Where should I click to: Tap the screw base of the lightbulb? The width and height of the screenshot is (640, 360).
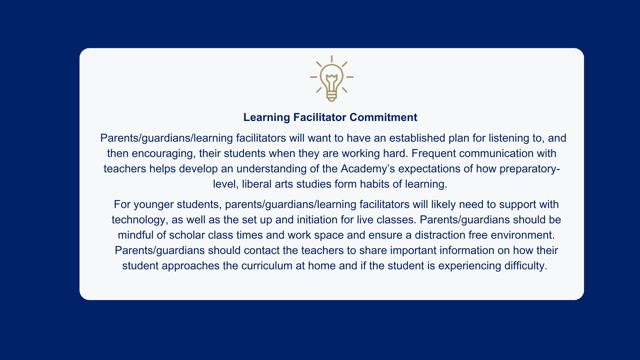[x=332, y=96]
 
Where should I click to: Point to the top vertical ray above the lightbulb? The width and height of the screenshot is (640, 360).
[x=332, y=59]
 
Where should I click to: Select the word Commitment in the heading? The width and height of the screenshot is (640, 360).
[x=383, y=117]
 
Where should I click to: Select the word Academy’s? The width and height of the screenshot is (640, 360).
[x=368, y=169]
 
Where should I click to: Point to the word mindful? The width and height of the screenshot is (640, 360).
[x=136, y=235]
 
